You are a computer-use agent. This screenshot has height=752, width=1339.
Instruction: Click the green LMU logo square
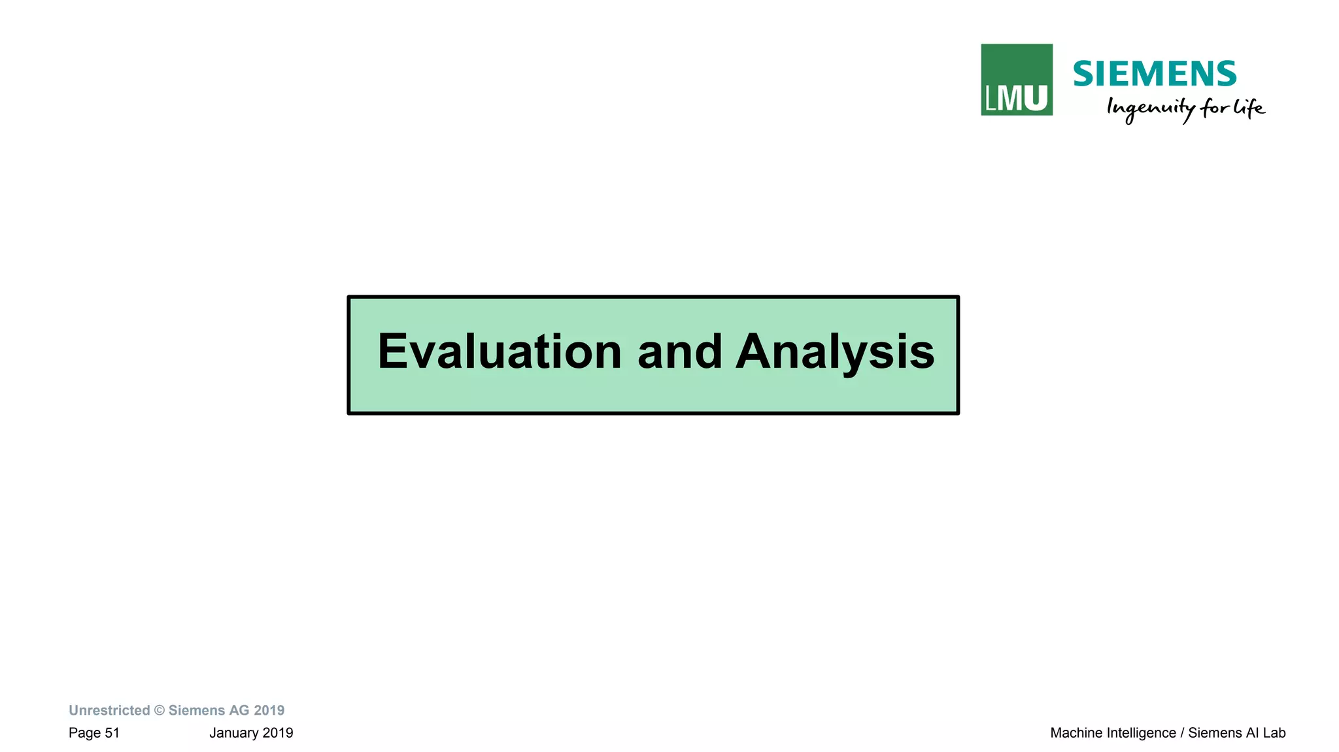pyautogui.click(x=1016, y=80)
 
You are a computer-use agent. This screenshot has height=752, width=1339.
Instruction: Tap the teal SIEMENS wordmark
pyautogui.click(x=1155, y=74)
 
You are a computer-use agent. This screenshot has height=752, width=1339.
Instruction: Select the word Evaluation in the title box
pyautogui.click(x=500, y=352)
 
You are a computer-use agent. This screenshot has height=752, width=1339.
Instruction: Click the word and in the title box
pyautogui.click(x=679, y=352)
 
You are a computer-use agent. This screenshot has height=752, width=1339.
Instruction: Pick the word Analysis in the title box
pyautogui.click(x=835, y=353)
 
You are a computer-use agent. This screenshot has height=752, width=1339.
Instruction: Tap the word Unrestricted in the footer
pyautogui.click(x=109, y=710)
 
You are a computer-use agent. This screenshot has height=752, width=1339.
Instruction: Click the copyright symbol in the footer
pyautogui.click(x=160, y=710)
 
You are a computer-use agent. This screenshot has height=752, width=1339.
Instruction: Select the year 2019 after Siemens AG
pyautogui.click(x=269, y=710)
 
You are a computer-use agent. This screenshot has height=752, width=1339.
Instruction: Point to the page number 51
pyautogui.click(x=112, y=733)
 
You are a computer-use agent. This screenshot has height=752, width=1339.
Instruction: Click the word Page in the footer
pyautogui.click(x=84, y=733)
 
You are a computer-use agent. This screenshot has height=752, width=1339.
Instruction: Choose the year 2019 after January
pyautogui.click(x=278, y=733)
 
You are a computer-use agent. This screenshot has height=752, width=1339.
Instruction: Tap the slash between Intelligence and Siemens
pyautogui.click(x=1182, y=733)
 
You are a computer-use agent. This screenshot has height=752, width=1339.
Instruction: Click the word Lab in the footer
pyautogui.click(x=1274, y=733)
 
